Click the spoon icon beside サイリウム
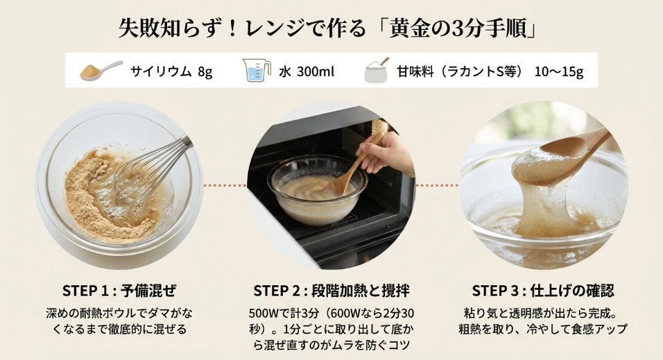pyautogui.click(x=101, y=70)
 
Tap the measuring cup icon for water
pyautogui.click(x=257, y=70)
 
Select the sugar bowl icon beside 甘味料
pyautogui.click(x=376, y=70)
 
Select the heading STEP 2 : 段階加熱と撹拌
pyautogui.click(x=331, y=290)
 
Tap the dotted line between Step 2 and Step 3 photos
pyautogui.click(x=437, y=186)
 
